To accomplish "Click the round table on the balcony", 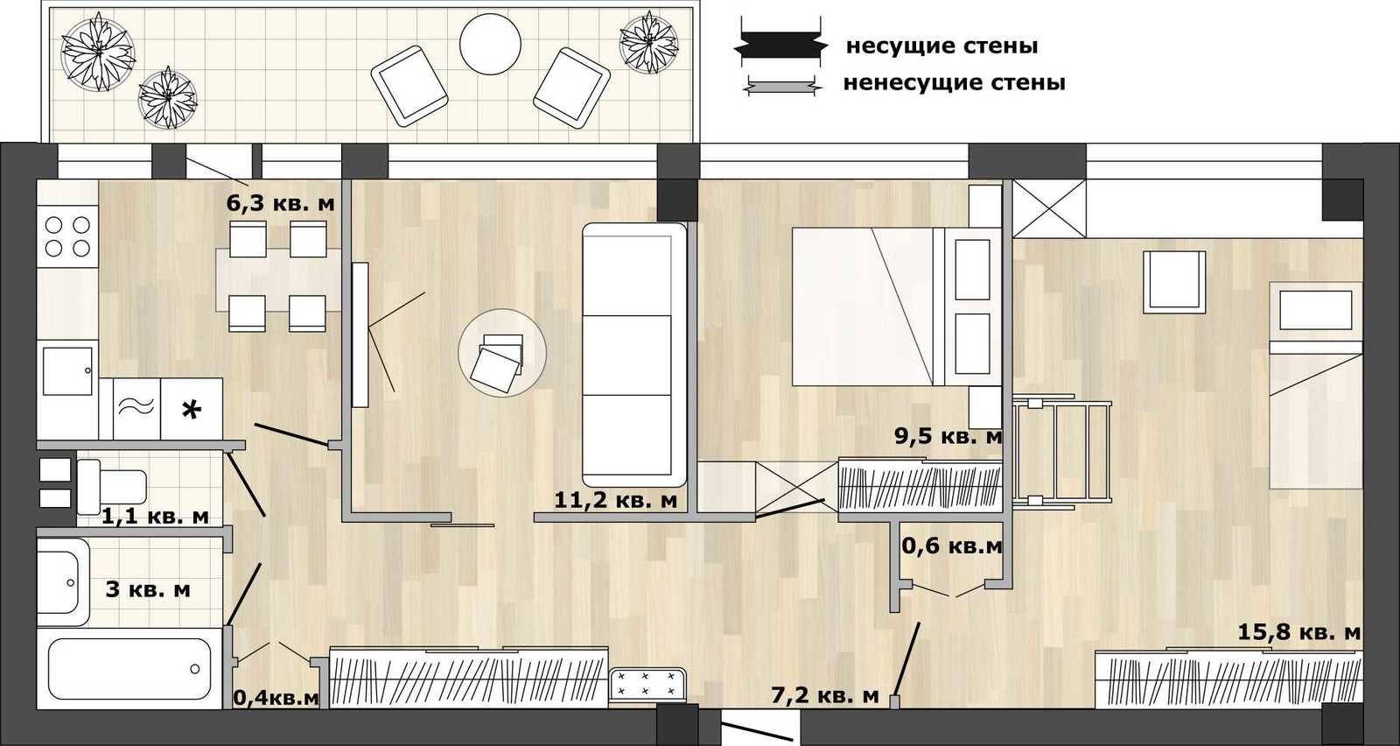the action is point(490,45).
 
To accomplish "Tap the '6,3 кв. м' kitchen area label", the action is point(281,203).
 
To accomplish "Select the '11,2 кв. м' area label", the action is point(616,500).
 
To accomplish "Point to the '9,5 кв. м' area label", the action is point(948,436).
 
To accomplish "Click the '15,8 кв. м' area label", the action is point(1299,632).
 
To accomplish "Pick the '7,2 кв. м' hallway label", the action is point(825,695).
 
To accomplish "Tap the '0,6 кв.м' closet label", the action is point(952,546).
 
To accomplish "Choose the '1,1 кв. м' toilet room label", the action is point(155,517).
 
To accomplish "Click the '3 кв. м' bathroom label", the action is point(148,589).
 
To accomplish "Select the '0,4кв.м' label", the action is point(276,698).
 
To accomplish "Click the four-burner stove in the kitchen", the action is point(67,236).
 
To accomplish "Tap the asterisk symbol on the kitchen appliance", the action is point(192,410).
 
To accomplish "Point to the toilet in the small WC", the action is point(112,487).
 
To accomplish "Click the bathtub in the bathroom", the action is point(129,669).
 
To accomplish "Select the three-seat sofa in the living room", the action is point(634,355).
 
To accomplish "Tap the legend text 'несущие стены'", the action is point(941,46).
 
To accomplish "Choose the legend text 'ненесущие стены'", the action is point(955,82).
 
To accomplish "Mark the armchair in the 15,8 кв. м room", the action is point(1174,282).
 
